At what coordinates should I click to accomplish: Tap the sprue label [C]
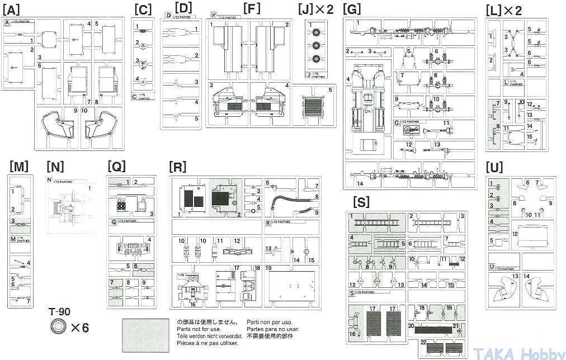pos(143,10)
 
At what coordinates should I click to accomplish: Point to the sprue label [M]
pos(19,166)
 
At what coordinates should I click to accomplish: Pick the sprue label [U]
pos(495,167)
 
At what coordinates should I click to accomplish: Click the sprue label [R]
pos(177,166)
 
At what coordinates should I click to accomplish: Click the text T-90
pos(60,312)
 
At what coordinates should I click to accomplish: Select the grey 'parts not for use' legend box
pos(144,332)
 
